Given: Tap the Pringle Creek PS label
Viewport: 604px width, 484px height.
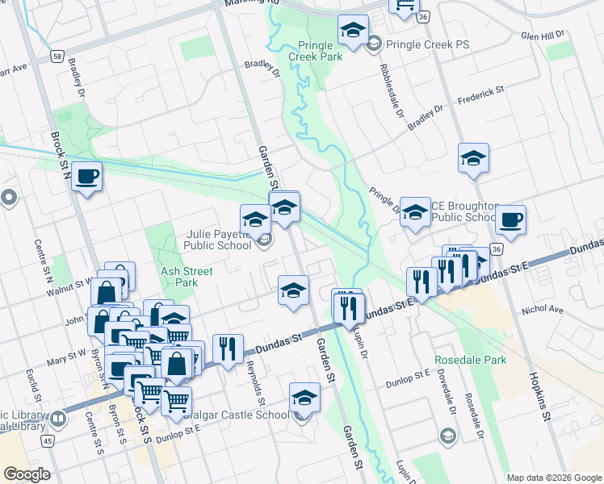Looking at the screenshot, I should [427, 44].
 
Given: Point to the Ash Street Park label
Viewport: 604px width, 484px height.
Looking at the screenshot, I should [179, 277].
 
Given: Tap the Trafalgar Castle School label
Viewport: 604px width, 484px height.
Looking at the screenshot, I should [234, 415].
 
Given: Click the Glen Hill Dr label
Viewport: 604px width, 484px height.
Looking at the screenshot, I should [543, 35].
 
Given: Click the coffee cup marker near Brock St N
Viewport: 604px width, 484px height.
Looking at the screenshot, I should [87, 176].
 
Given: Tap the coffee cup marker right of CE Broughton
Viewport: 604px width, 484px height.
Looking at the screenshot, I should [510, 219].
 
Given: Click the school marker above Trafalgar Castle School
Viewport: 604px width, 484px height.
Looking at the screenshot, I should [304, 398].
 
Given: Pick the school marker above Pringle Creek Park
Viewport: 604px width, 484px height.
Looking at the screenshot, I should [352, 30].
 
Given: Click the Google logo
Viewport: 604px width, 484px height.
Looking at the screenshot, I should [27, 474].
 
